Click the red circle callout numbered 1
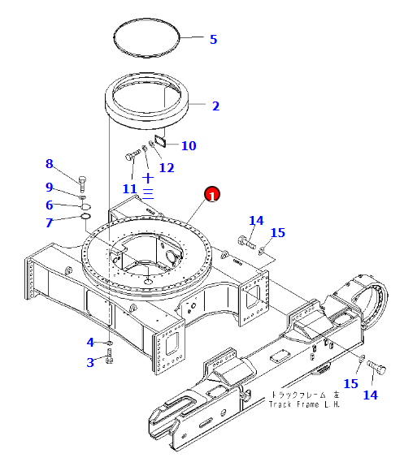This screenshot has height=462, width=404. click(211, 195)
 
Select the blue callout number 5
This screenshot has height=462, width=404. click(214, 40)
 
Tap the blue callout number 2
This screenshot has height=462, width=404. click(216, 106)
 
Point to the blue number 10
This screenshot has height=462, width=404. click(189, 145)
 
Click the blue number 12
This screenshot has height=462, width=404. click(167, 167)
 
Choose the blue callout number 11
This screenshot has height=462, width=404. click(130, 189)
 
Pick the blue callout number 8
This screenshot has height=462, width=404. click(50, 163)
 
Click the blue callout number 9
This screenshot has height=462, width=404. click(50, 187)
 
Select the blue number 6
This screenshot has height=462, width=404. click(50, 205)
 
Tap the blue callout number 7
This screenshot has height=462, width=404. click(50, 222)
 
